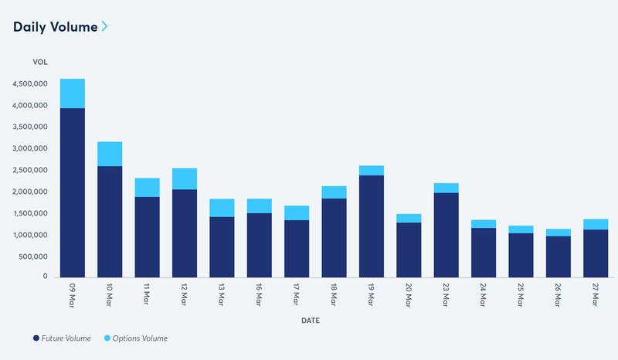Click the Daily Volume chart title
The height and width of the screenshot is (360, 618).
pos(55,27)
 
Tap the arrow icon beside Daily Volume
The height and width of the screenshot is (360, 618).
pos(104,27)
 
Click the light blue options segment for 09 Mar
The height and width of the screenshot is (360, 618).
pos(73,93)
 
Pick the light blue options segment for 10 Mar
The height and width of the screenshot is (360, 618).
pos(110,154)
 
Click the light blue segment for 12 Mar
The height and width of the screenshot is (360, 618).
pos(185,178)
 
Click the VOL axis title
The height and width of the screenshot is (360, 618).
pos(39,61)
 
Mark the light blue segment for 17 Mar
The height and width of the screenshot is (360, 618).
pos(296,212)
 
